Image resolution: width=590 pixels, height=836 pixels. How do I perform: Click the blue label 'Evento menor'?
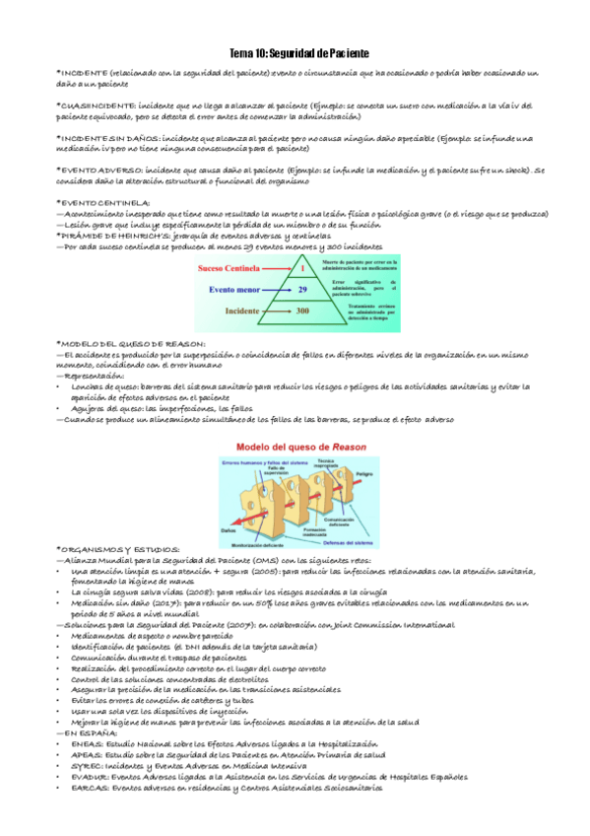[239, 290]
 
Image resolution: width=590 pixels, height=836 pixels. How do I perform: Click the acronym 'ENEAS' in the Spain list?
[88, 743]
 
